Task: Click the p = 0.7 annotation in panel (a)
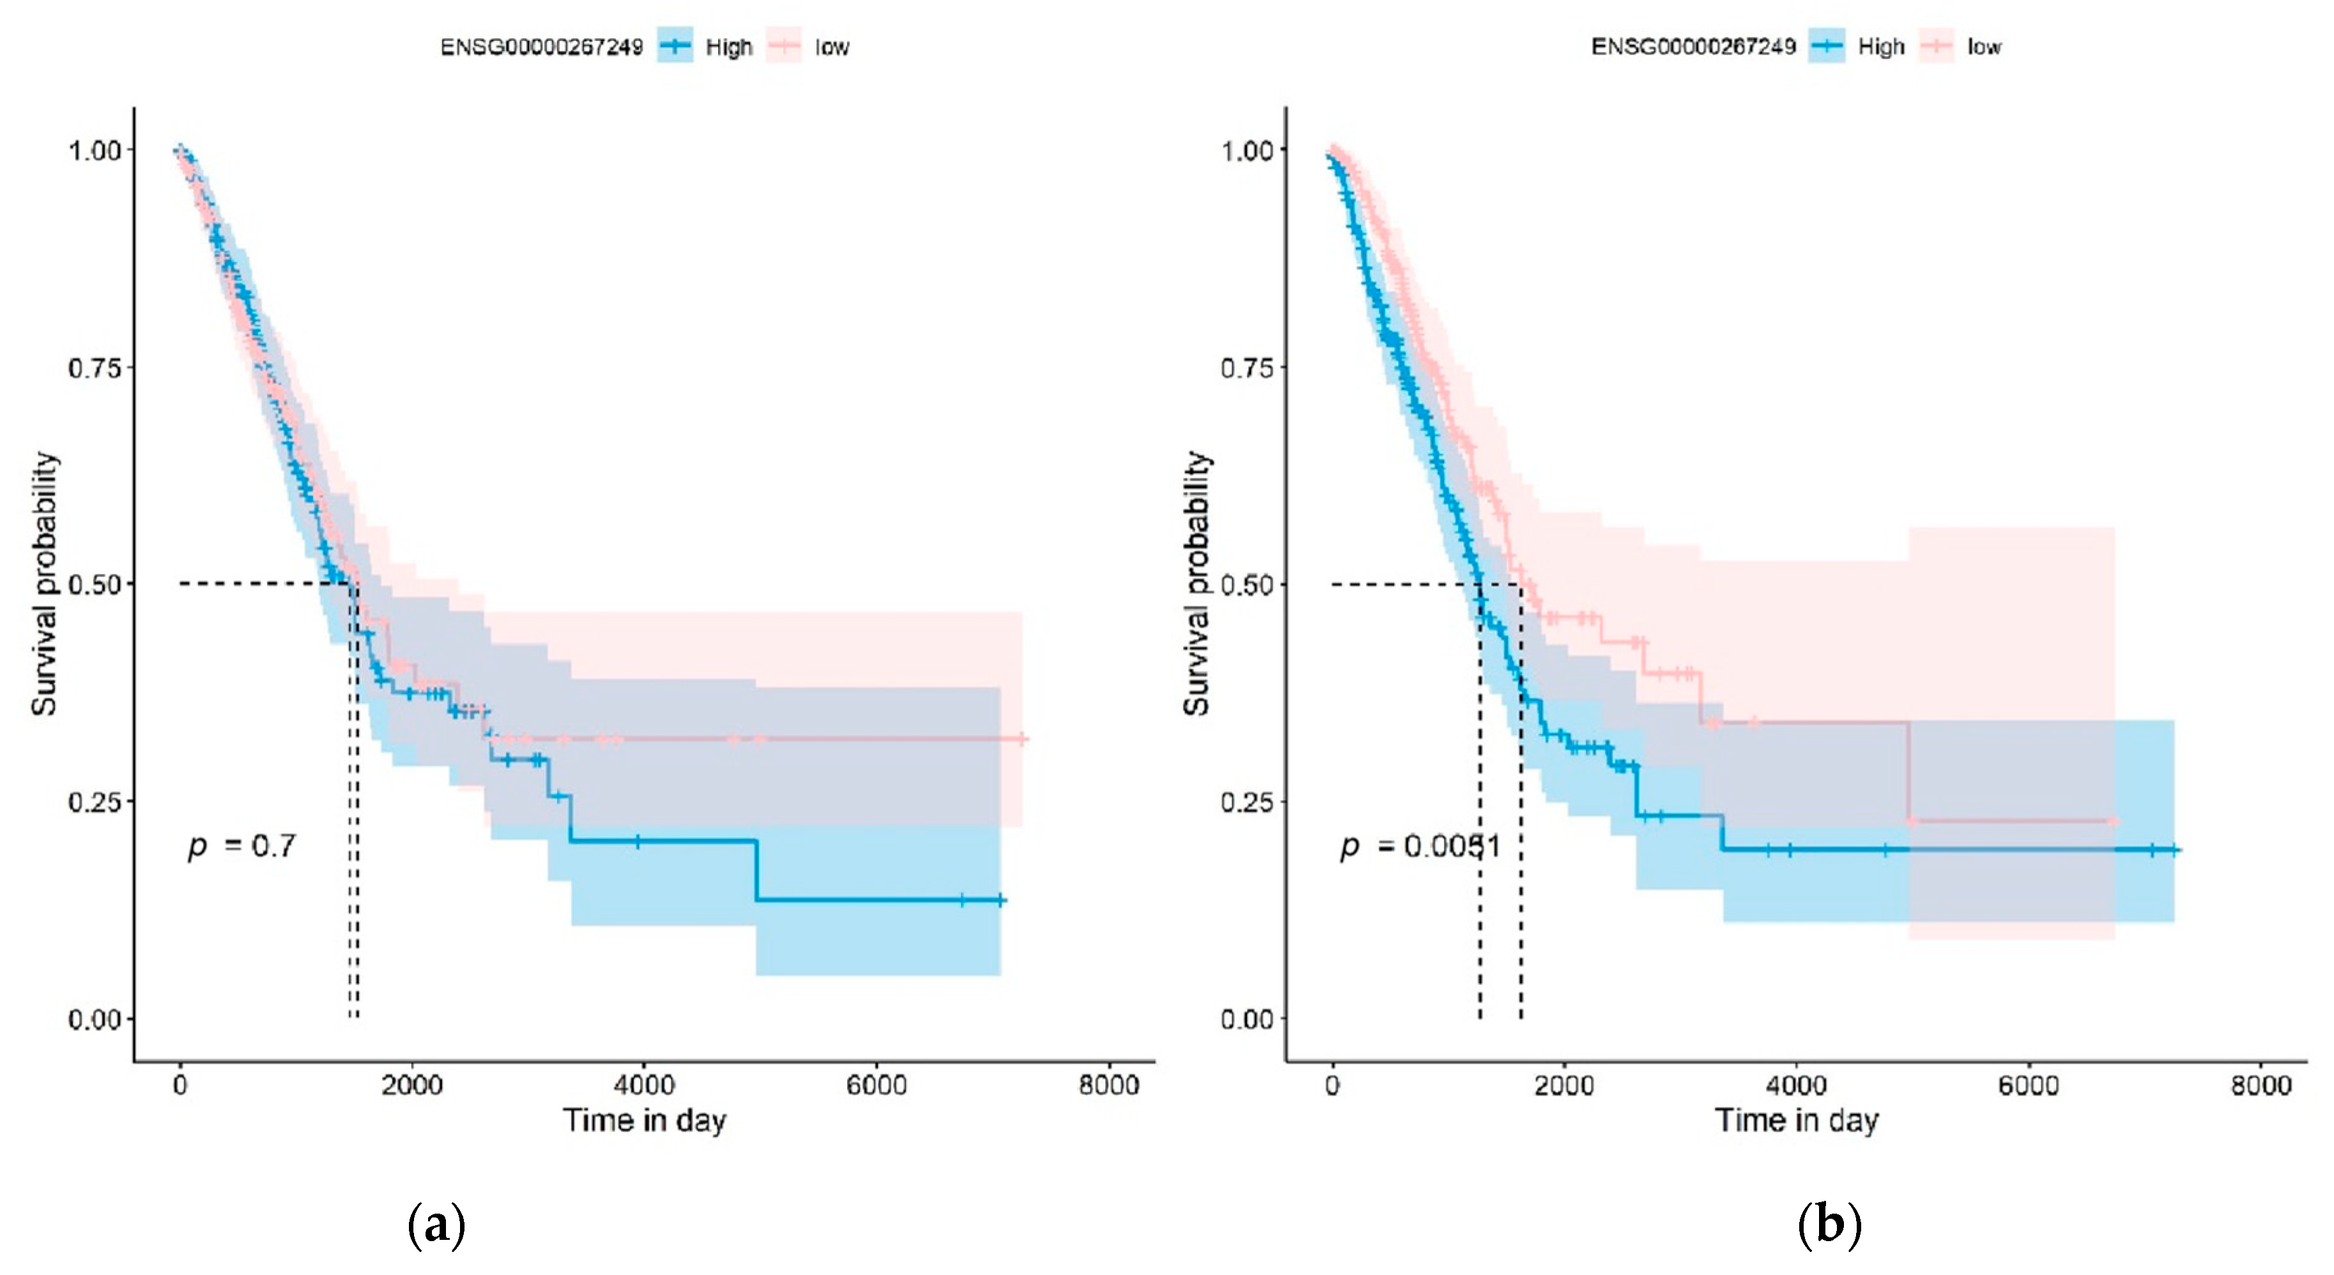point(241,846)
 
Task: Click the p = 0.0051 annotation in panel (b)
point(1420,846)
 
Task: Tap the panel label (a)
point(437,1225)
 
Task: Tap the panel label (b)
point(1829,1225)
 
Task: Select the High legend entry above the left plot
point(707,46)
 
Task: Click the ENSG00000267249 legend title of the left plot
point(541,46)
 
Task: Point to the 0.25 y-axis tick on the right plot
point(1247,802)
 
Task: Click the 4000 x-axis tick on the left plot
point(644,1085)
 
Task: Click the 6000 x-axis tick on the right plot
point(2028,1085)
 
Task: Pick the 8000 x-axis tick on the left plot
point(1108,1085)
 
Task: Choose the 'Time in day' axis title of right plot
point(1796,1121)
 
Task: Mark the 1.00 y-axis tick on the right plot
point(1247,150)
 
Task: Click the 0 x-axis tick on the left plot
point(180,1085)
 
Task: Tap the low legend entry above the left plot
point(810,46)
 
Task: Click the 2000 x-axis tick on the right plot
point(1564,1085)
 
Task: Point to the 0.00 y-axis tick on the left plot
point(94,1019)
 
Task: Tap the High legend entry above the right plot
point(1859,46)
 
